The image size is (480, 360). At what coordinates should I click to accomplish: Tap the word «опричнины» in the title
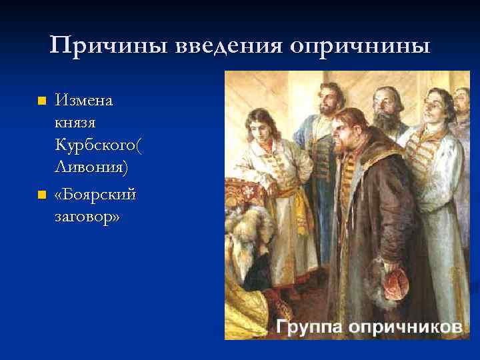pyautogui.click(x=360, y=46)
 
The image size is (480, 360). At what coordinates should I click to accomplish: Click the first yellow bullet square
pyautogui.click(x=41, y=102)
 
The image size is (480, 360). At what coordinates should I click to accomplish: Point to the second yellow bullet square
pyautogui.click(x=41, y=195)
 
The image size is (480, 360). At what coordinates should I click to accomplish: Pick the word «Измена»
pyautogui.click(x=85, y=101)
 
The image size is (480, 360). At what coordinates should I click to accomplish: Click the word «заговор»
pyautogui.click(x=86, y=216)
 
